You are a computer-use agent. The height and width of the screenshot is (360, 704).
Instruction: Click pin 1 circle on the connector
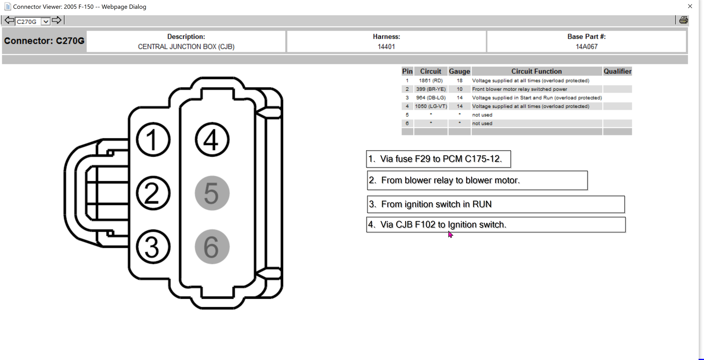(x=153, y=140)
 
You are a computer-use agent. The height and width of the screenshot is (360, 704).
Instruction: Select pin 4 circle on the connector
(x=212, y=140)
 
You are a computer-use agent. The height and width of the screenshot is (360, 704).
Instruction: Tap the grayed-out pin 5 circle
(x=212, y=193)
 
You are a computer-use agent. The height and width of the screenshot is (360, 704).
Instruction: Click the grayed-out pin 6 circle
(x=212, y=247)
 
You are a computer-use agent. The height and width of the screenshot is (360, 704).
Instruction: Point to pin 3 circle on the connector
(x=153, y=247)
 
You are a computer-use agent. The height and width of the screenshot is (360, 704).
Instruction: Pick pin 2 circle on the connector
(x=153, y=193)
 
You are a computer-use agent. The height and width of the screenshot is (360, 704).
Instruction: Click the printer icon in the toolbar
(x=683, y=20)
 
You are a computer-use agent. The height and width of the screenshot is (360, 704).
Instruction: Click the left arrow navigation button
(x=10, y=20)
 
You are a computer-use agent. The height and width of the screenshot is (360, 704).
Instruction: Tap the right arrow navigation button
(x=56, y=20)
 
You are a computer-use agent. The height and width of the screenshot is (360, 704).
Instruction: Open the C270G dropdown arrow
(x=45, y=21)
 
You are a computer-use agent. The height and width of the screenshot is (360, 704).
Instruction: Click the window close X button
(x=690, y=6)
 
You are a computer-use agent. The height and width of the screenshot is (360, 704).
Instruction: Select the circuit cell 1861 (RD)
(x=430, y=81)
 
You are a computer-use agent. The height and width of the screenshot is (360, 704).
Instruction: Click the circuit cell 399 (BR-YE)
(x=430, y=89)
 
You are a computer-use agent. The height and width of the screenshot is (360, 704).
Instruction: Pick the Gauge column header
(x=459, y=71)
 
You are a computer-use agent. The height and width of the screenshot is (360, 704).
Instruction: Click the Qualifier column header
(x=617, y=71)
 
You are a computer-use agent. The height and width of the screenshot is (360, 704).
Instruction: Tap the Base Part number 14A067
(x=586, y=46)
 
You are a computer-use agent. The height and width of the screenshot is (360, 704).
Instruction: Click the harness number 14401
(x=386, y=46)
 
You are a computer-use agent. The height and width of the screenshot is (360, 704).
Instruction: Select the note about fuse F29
(x=438, y=159)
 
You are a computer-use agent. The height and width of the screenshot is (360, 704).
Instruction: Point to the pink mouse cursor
(x=450, y=234)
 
